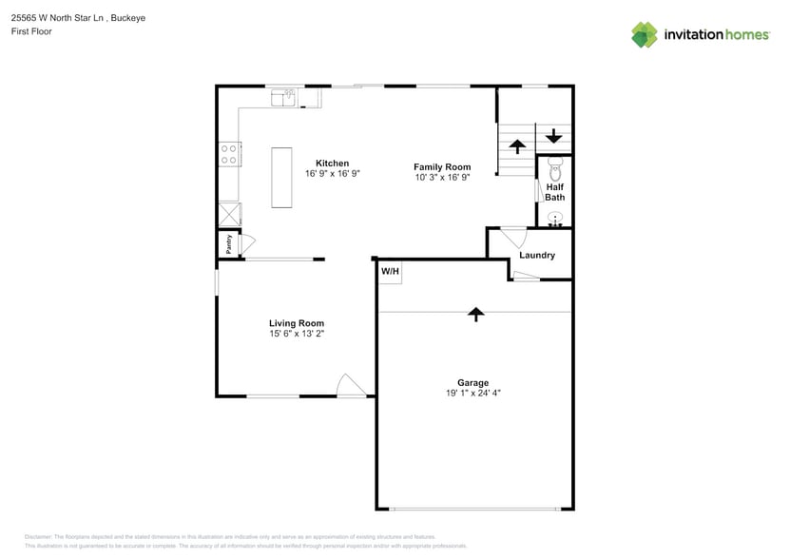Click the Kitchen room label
click(x=332, y=164)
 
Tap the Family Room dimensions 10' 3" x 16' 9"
click(x=442, y=178)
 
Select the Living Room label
click(x=297, y=323)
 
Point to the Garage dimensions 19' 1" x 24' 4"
click(x=473, y=393)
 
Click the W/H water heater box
click(x=390, y=273)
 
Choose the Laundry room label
click(x=537, y=255)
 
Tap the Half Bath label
click(x=555, y=192)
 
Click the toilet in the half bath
click(x=556, y=170)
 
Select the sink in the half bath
click(x=556, y=219)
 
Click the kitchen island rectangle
click(x=282, y=177)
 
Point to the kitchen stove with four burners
click(x=229, y=154)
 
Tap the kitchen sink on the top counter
click(x=283, y=96)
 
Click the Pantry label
click(x=229, y=243)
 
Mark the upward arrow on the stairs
click(x=517, y=146)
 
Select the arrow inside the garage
click(x=475, y=314)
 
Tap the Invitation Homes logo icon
click(x=645, y=35)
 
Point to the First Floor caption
click(x=31, y=31)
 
